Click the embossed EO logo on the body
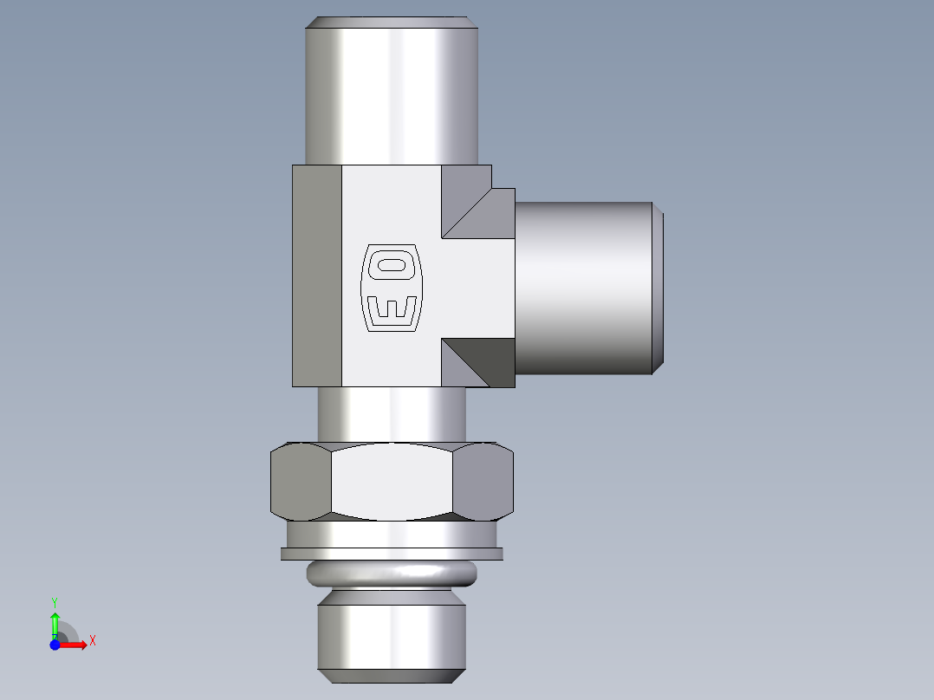391,288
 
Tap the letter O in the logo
392,265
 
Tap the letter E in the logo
392,309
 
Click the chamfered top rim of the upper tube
391,22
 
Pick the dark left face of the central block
317,275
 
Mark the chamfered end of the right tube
658,288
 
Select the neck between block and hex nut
391,414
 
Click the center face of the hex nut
392,482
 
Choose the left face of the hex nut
301,482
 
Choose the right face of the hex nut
483,482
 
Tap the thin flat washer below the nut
392,554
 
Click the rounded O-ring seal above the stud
392,573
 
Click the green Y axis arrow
55,618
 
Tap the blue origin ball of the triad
55,645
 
